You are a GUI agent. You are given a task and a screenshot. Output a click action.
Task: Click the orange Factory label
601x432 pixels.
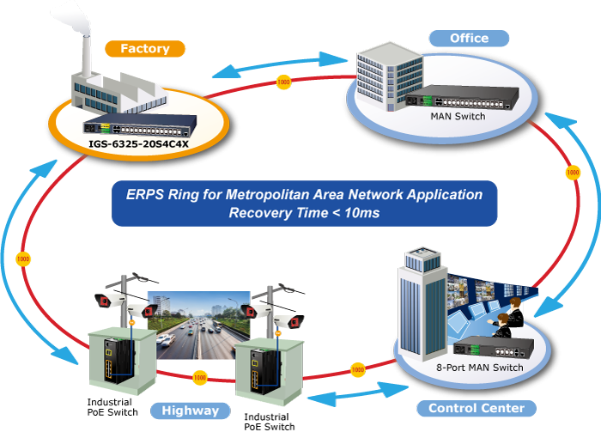click(144, 49)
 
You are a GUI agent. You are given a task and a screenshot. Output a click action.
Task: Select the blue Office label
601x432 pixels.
click(469, 38)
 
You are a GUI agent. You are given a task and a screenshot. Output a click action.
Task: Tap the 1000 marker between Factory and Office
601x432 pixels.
click(283, 82)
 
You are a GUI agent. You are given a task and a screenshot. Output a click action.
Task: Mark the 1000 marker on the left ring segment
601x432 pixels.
click(24, 259)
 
